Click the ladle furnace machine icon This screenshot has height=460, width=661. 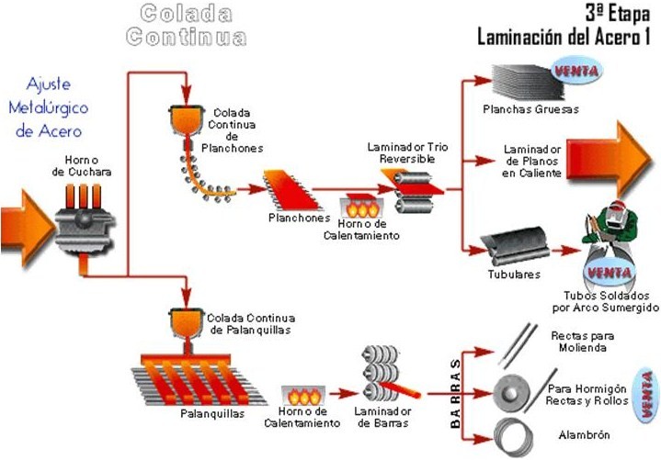[85, 219]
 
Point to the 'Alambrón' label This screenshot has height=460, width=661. [571, 434]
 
